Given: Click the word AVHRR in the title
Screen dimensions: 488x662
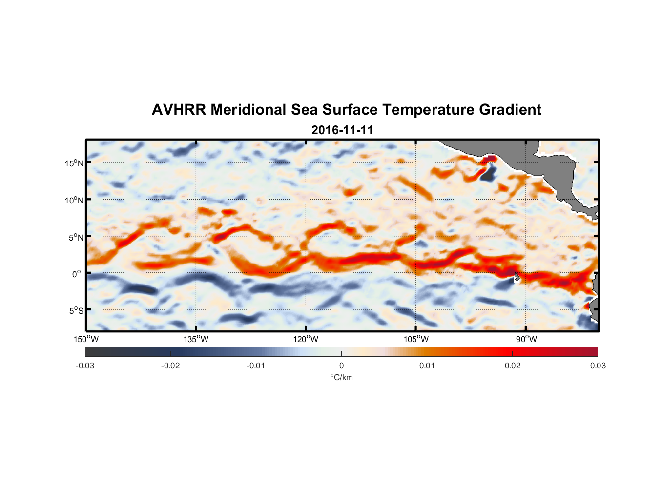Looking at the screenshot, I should click(178, 110).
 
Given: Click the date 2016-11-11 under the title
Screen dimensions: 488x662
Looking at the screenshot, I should click(342, 130).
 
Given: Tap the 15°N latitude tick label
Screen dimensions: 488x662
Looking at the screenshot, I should click(74, 163).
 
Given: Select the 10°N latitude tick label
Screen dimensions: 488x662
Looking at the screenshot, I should click(74, 200).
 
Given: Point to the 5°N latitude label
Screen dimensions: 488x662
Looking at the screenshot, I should click(76, 237).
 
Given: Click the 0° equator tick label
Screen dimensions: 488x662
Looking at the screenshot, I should click(77, 274).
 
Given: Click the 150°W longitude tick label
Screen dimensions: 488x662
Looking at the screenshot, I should click(86, 339).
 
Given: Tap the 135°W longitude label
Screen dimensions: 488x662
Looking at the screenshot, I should click(196, 339).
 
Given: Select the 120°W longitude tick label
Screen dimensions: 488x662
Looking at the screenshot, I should click(306, 339).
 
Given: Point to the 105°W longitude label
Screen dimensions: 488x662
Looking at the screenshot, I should click(416, 339).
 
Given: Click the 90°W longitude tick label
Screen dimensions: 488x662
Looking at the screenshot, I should click(526, 339).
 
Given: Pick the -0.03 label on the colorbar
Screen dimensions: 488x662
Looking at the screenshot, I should click(85, 366).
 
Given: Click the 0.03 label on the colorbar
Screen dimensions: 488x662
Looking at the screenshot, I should click(598, 366).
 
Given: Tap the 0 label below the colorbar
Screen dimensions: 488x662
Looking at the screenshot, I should click(341, 366).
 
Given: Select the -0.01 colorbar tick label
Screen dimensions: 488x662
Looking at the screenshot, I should click(256, 366).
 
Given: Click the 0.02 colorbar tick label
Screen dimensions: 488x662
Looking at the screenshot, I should click(512, 366).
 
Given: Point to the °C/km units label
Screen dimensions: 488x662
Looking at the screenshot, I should click(342, 378).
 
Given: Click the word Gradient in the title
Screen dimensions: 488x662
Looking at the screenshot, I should click(510, 110).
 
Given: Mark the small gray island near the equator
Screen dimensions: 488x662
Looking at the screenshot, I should click(517, 277).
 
